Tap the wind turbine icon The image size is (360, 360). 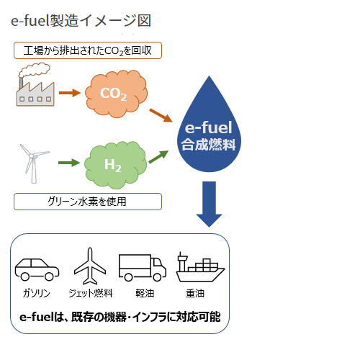(x=33, y=163)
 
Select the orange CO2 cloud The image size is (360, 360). (x=116, y=94)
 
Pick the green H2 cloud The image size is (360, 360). (x=115, y=165)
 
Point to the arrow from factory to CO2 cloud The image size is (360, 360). (x=70, y=93)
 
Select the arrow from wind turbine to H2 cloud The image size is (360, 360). (x=69, y=163)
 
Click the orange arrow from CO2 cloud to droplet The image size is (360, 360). (x=161, y=115)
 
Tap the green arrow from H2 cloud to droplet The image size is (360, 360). (x=158, y=157)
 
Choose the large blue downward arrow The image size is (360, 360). (x=209, y=204)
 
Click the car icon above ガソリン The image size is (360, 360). (x=37, y=269)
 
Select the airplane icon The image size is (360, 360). (x=90, y=266)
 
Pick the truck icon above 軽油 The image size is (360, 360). (x=143, y=268)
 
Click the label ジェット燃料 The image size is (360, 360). (x=91, y=293)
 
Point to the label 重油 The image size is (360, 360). (x=195, y=293)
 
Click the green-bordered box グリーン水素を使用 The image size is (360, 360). (x=88, y=202)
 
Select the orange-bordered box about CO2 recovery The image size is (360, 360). (x=88, y=50)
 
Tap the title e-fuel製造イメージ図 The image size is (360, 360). (x=81, y=20)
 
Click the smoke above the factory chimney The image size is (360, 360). (x=35, y=70)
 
